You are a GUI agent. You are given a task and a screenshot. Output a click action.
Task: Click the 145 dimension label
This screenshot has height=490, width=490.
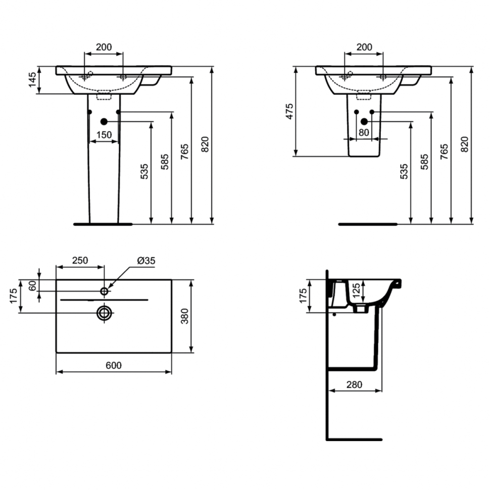[32, 80]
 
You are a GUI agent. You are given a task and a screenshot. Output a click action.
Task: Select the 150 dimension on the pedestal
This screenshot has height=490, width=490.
[104, 135]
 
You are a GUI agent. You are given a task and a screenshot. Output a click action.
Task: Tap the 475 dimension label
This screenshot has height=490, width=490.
[289, 112]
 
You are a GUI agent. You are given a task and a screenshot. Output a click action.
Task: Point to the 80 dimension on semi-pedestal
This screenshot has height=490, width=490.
[364, 133]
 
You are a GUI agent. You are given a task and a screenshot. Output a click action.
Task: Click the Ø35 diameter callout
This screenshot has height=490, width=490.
[146, 261]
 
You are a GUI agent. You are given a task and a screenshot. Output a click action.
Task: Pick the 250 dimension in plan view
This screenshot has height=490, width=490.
[80, 260]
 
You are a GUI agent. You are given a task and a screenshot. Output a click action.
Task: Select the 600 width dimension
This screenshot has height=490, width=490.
[114, 365]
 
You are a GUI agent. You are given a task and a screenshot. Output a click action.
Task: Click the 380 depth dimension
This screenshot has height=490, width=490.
[185, 316]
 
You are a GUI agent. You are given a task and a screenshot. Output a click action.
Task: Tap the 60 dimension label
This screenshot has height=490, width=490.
[32, 285]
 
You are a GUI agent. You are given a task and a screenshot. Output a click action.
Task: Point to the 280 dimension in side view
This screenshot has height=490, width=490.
[355, 385]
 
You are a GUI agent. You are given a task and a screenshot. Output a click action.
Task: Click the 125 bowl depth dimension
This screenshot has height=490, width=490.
[356, 290]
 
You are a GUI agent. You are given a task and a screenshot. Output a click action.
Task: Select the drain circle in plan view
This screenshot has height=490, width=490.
[105, 313]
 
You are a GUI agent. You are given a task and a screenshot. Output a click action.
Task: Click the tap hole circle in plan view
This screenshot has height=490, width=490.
[104, 291]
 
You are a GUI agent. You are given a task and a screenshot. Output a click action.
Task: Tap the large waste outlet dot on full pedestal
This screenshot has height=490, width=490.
[104, 122]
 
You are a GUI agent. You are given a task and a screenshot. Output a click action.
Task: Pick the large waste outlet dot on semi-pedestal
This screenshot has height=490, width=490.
[364, 122]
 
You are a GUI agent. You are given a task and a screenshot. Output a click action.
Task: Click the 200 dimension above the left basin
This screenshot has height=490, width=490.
[104, 47]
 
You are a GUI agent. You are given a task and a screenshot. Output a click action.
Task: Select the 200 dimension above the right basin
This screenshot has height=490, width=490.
[364, 47]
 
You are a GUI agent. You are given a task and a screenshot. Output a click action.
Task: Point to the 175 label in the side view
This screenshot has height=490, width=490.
[303, 296]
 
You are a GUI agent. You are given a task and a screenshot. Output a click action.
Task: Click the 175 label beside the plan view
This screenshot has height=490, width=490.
[13, 296]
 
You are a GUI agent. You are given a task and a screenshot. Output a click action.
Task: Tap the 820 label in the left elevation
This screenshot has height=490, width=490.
[205, 144]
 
